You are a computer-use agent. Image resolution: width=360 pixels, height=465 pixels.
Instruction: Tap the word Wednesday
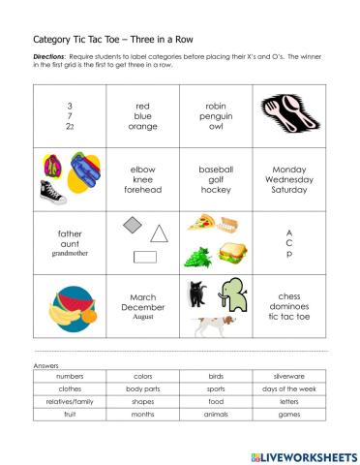288,179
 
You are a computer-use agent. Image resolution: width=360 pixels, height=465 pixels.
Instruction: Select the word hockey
215,190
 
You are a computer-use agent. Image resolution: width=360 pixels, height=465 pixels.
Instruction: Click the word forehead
142,190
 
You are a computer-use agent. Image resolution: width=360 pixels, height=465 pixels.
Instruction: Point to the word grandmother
70,253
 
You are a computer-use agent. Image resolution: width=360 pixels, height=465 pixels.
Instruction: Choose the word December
142,306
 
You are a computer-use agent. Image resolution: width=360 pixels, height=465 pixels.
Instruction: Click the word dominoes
288,307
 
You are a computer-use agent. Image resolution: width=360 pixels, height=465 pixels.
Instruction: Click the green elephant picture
233,295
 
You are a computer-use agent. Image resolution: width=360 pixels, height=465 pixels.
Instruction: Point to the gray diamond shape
133,226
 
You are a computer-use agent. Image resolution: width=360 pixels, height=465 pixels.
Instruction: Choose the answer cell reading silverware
288,375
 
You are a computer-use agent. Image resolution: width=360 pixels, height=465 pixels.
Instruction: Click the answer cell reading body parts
142,387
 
